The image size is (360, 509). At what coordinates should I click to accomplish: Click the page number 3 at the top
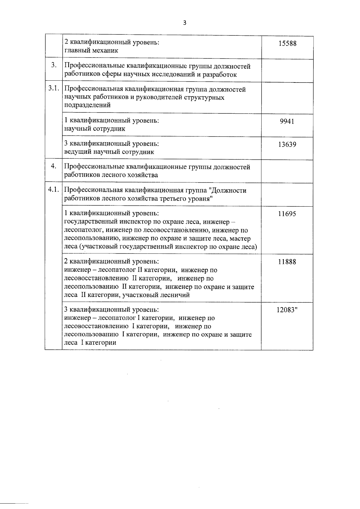pos(184,23)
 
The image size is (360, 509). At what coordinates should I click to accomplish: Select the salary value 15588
pos(287,43)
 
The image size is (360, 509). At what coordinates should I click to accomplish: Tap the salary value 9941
pos(287,121)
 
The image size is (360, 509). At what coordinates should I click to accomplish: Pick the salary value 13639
pos(287,144)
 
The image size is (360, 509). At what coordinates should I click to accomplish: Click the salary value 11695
pos(287,214)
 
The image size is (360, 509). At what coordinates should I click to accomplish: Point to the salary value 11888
pos(287,262)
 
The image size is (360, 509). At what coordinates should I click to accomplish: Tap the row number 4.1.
pos(53,190)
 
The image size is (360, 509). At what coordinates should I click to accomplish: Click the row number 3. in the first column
pos(53,65)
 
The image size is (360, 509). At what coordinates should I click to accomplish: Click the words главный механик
pos(91,51)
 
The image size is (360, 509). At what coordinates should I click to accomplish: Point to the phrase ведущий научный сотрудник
pos(109,152)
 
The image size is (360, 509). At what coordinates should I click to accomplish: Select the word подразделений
pos(87,105)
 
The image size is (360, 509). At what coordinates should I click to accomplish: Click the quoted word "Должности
pos(227,190)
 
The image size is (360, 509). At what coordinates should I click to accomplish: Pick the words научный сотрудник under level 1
pos(95,129)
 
